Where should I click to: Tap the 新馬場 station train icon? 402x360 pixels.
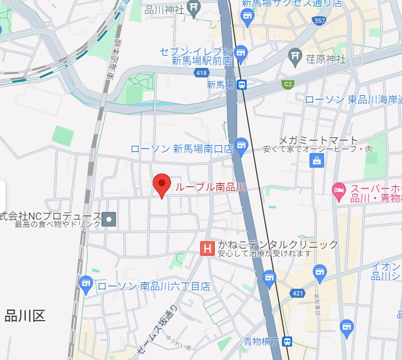pyautogui.click(x=242, y=85)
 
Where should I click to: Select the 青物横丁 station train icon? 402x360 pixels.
pyautogui.click(x=287, y=341)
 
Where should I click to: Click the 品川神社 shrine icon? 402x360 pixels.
pyautogui.click(x=195, y=7)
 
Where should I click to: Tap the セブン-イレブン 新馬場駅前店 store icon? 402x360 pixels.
pyautogui.click(x=241, y=53)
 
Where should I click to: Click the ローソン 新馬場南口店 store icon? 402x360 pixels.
pyautogui.click(x=242, y=146)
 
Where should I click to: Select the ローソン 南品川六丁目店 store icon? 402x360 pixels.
pyautogui.click(x=86, y=284)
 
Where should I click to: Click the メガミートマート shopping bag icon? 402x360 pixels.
pyautogui.click(x=317, y=161)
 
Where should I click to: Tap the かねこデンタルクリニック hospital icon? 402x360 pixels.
pyautogui.click(x=207, y=248)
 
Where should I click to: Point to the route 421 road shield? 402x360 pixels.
pyautogui.click(x=297, y=293)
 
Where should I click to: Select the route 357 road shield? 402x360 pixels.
pyautogui.click(x=320, y=21)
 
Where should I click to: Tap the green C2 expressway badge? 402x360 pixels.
pyautogui.click(x=288, y=85)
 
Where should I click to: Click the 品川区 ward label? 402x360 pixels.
pyautogui.click(x=25, y=316)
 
